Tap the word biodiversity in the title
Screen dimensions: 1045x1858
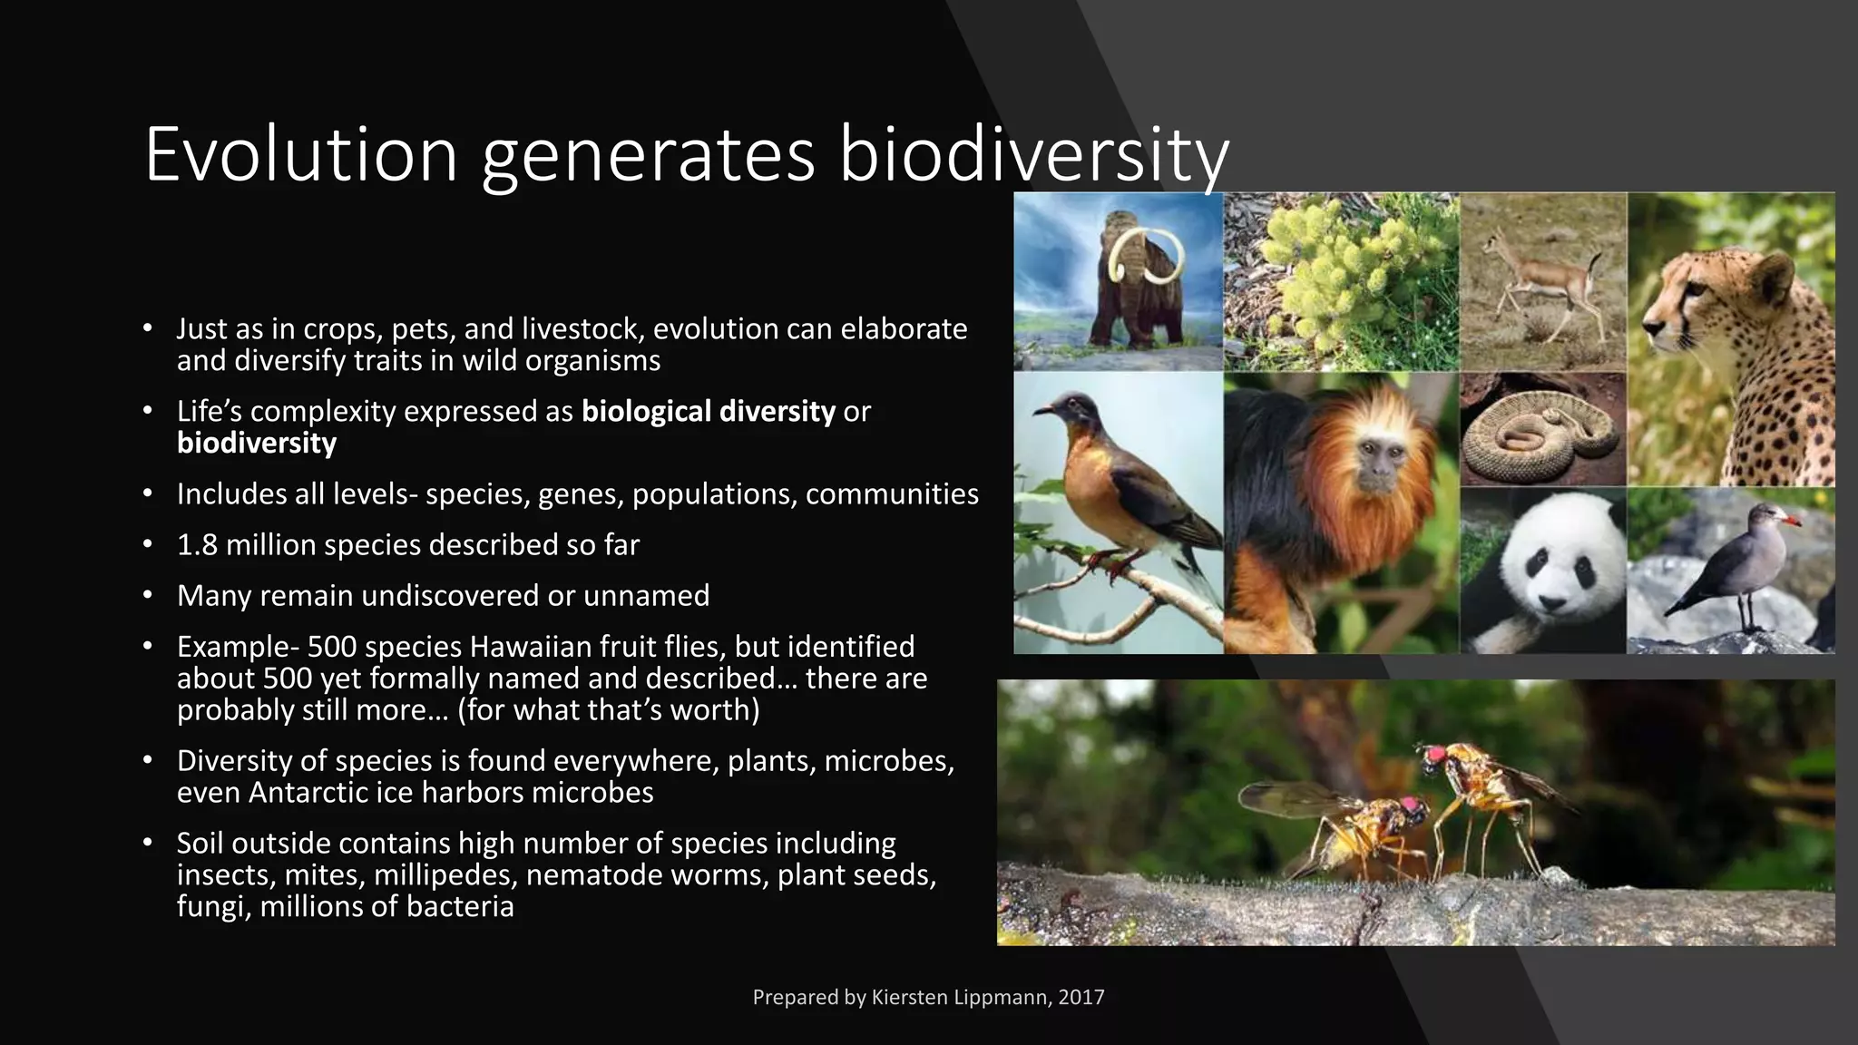point(1033,155)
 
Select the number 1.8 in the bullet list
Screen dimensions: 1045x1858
point(197,545)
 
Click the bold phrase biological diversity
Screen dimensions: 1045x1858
point(708,412)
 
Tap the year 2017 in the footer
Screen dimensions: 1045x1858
point(1081,998)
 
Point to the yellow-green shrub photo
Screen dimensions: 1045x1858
point(1341,281)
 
